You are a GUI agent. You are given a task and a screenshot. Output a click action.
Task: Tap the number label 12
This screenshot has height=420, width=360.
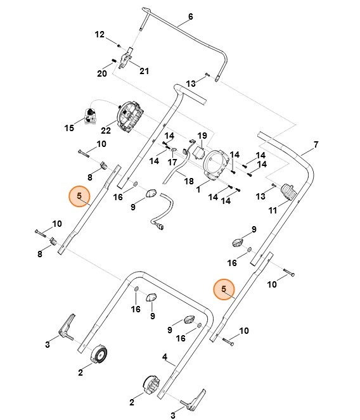(100, 34)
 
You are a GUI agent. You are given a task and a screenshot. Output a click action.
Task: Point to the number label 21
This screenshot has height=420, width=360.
(144, 71)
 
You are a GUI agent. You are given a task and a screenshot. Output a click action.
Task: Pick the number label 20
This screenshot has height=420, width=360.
(101, 73)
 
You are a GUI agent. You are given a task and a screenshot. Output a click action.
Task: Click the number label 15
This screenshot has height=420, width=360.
(69, 129)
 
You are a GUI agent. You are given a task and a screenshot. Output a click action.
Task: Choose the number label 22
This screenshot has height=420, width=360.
(105, 130)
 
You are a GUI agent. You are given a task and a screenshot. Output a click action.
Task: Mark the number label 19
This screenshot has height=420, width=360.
(202, 136)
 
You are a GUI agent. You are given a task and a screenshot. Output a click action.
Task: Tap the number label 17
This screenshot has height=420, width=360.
(171, 162)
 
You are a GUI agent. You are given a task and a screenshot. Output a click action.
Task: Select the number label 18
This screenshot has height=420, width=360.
(188, 181)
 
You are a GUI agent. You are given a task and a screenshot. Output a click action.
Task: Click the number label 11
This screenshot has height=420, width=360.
(273, 210)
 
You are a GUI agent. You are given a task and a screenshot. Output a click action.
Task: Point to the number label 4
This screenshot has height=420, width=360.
(165, 357)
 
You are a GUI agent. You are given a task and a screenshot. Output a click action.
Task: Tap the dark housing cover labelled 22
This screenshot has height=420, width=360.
(131, 118)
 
